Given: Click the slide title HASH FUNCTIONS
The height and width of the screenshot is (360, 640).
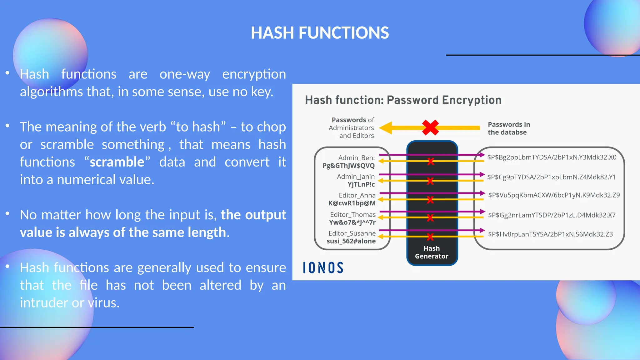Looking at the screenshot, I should point(320,33).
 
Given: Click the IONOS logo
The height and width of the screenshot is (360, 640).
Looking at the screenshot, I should point(323,268).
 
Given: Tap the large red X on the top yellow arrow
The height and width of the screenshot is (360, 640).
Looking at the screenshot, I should point(430,127).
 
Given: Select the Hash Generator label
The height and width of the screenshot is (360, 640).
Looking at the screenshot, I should point(432,252).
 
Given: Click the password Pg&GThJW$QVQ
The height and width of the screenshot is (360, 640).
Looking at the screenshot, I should point(348,166).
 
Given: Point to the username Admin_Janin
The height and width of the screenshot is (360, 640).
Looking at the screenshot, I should point(356,177).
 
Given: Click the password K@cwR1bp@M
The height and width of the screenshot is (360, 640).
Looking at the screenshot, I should point(352,203).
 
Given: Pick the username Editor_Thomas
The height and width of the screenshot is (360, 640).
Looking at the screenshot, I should point(353,215).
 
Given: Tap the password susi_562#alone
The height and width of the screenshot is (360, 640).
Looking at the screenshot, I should point(351,241).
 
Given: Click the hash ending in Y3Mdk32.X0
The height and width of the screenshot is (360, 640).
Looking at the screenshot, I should point(552,157).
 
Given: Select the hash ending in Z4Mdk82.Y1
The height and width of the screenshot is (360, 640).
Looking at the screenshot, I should point(551,177).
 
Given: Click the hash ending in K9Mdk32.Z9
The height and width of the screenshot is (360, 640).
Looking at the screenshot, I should point(554,195).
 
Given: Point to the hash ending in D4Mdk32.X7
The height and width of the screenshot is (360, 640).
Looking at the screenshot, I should point(552,215).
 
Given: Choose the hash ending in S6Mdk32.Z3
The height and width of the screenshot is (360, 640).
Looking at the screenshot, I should point(550,234).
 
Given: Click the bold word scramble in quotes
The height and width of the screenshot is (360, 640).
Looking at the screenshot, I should point(117,162).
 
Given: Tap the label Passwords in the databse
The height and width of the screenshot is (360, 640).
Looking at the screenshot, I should point(509,128).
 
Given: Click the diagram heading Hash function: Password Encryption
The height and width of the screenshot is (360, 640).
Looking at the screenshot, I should point(403,100).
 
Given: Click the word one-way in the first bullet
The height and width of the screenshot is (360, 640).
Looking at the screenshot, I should point(185,74).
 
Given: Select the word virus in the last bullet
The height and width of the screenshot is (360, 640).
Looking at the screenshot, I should point(103,303).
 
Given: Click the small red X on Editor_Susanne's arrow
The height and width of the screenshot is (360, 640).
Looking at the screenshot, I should point(430,237).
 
